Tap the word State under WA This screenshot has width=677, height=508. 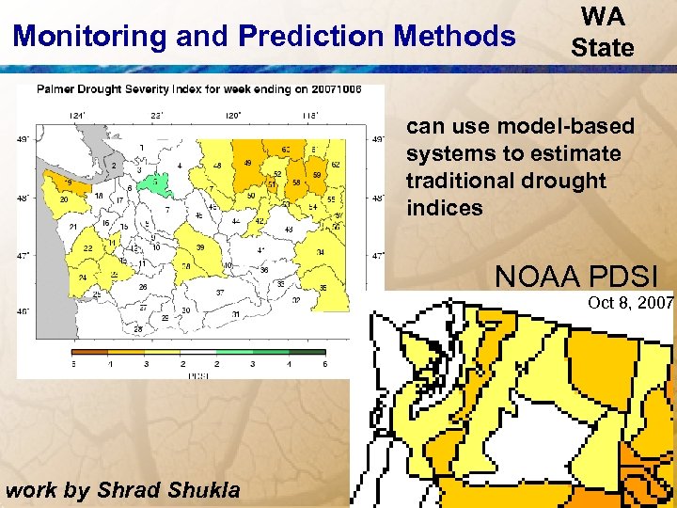click(603, 48)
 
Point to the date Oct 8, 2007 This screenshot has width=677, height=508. click(630, 302)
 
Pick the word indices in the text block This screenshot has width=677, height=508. click(444, 207)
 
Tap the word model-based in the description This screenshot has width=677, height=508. click(565, 126)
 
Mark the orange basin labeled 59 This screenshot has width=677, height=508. click(318, 175)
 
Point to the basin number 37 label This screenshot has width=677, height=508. click(220, 293)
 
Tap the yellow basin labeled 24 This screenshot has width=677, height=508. click(84, 278)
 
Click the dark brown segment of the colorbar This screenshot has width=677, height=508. click(83, 353)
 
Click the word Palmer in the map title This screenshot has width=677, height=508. click(55, 90)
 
